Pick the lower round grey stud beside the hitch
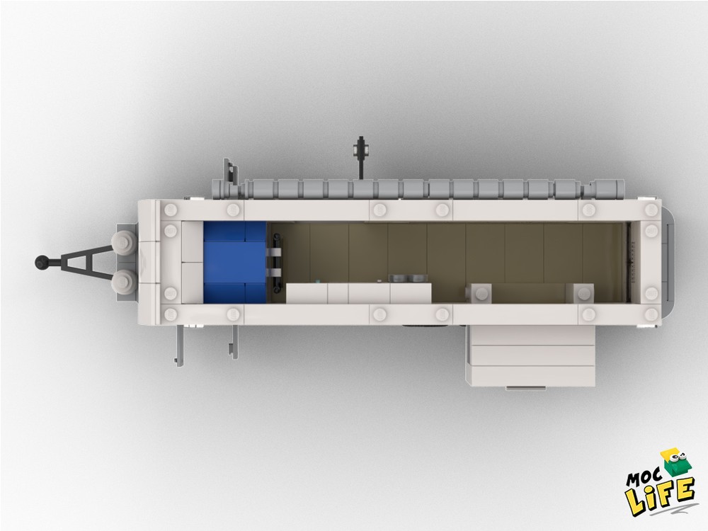[122, 281]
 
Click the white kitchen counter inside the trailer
[359, 293]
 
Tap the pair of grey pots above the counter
[407, 278]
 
